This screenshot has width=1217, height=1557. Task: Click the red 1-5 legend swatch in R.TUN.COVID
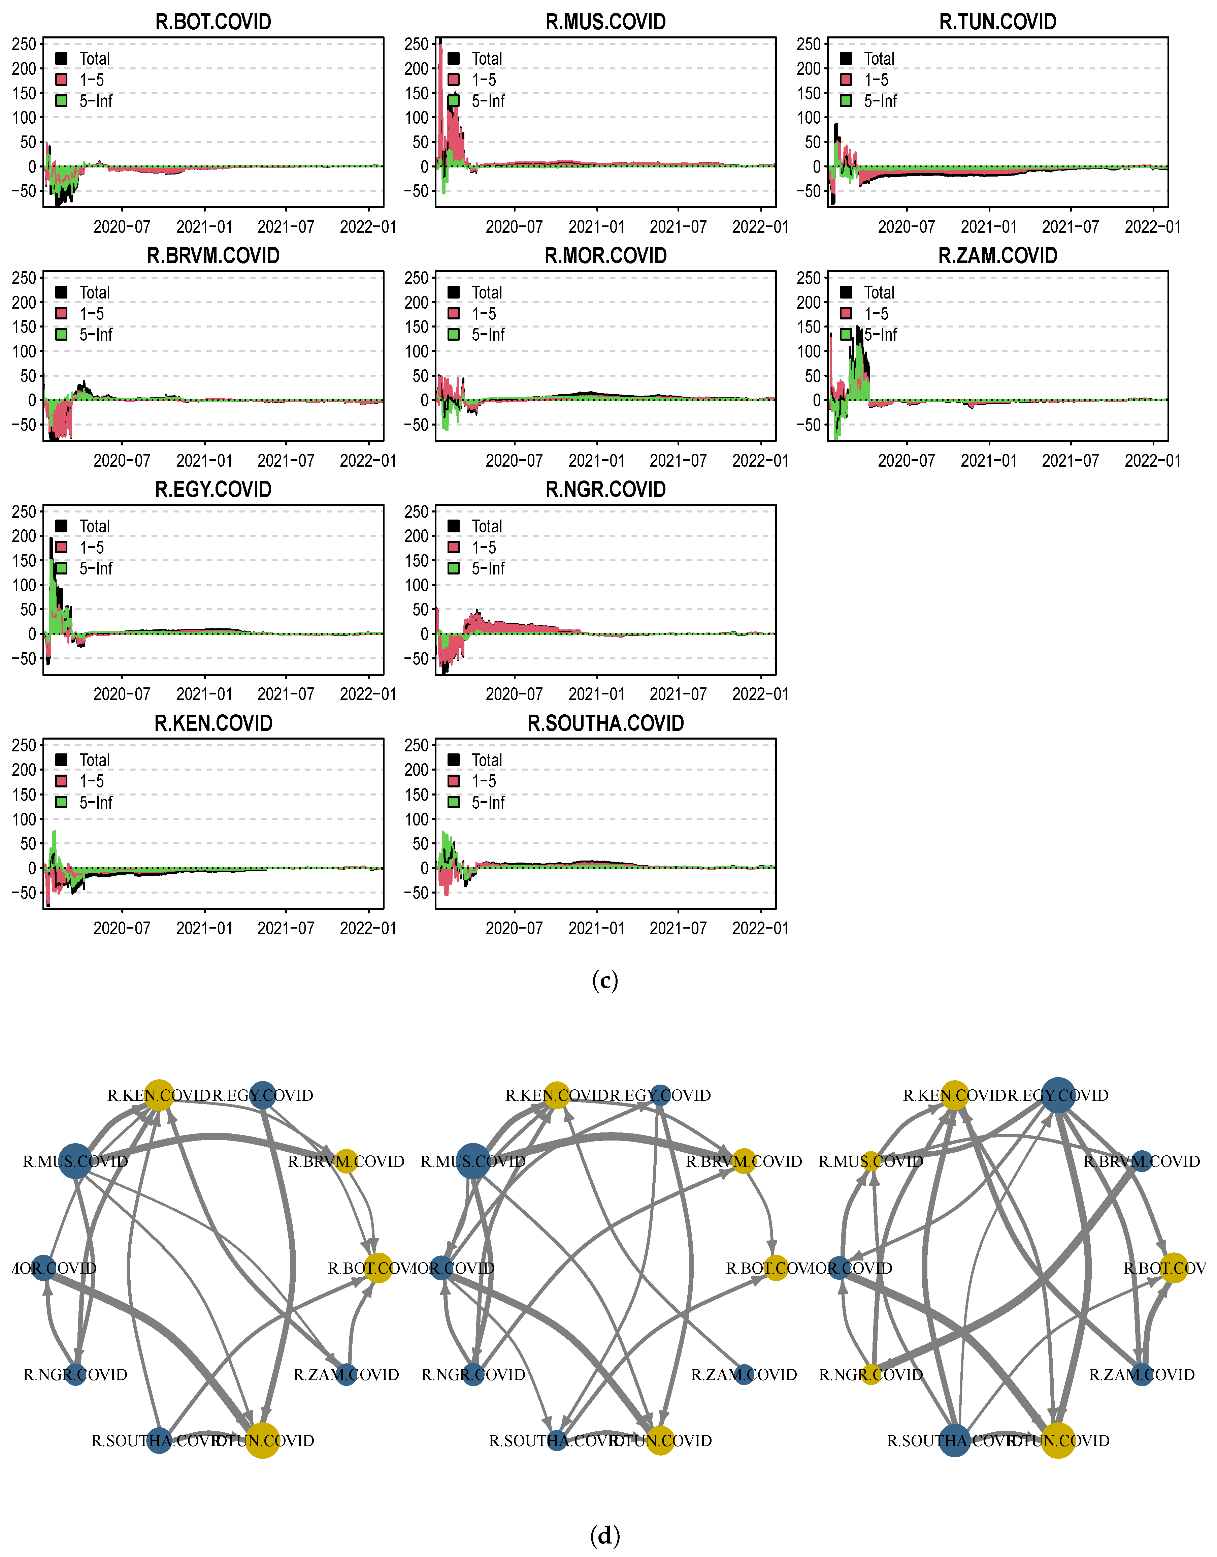pyautogui.click(x=846, y=80)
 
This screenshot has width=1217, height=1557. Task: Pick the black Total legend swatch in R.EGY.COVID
pyautogui.click(x=61, y=526)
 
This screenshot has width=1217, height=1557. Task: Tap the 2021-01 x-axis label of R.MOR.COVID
pyautogui.click(x=596, y=461)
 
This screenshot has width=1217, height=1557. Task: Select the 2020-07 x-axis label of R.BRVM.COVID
pyautogui.click(x=122, y=461)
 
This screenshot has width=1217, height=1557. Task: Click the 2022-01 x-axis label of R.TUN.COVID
pyautogui.click(x=1152, y=227)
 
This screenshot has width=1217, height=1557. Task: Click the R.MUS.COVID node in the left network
pyautogui.click(x=75, y=1161)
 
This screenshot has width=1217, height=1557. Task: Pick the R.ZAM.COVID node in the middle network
pyautogui.click(x=744, y=1374)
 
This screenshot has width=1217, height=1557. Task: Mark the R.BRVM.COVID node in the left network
pyautogui.click(x=346, y=1161)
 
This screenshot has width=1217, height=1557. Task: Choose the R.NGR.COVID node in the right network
pyautogui.click(x=871, y=1374)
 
